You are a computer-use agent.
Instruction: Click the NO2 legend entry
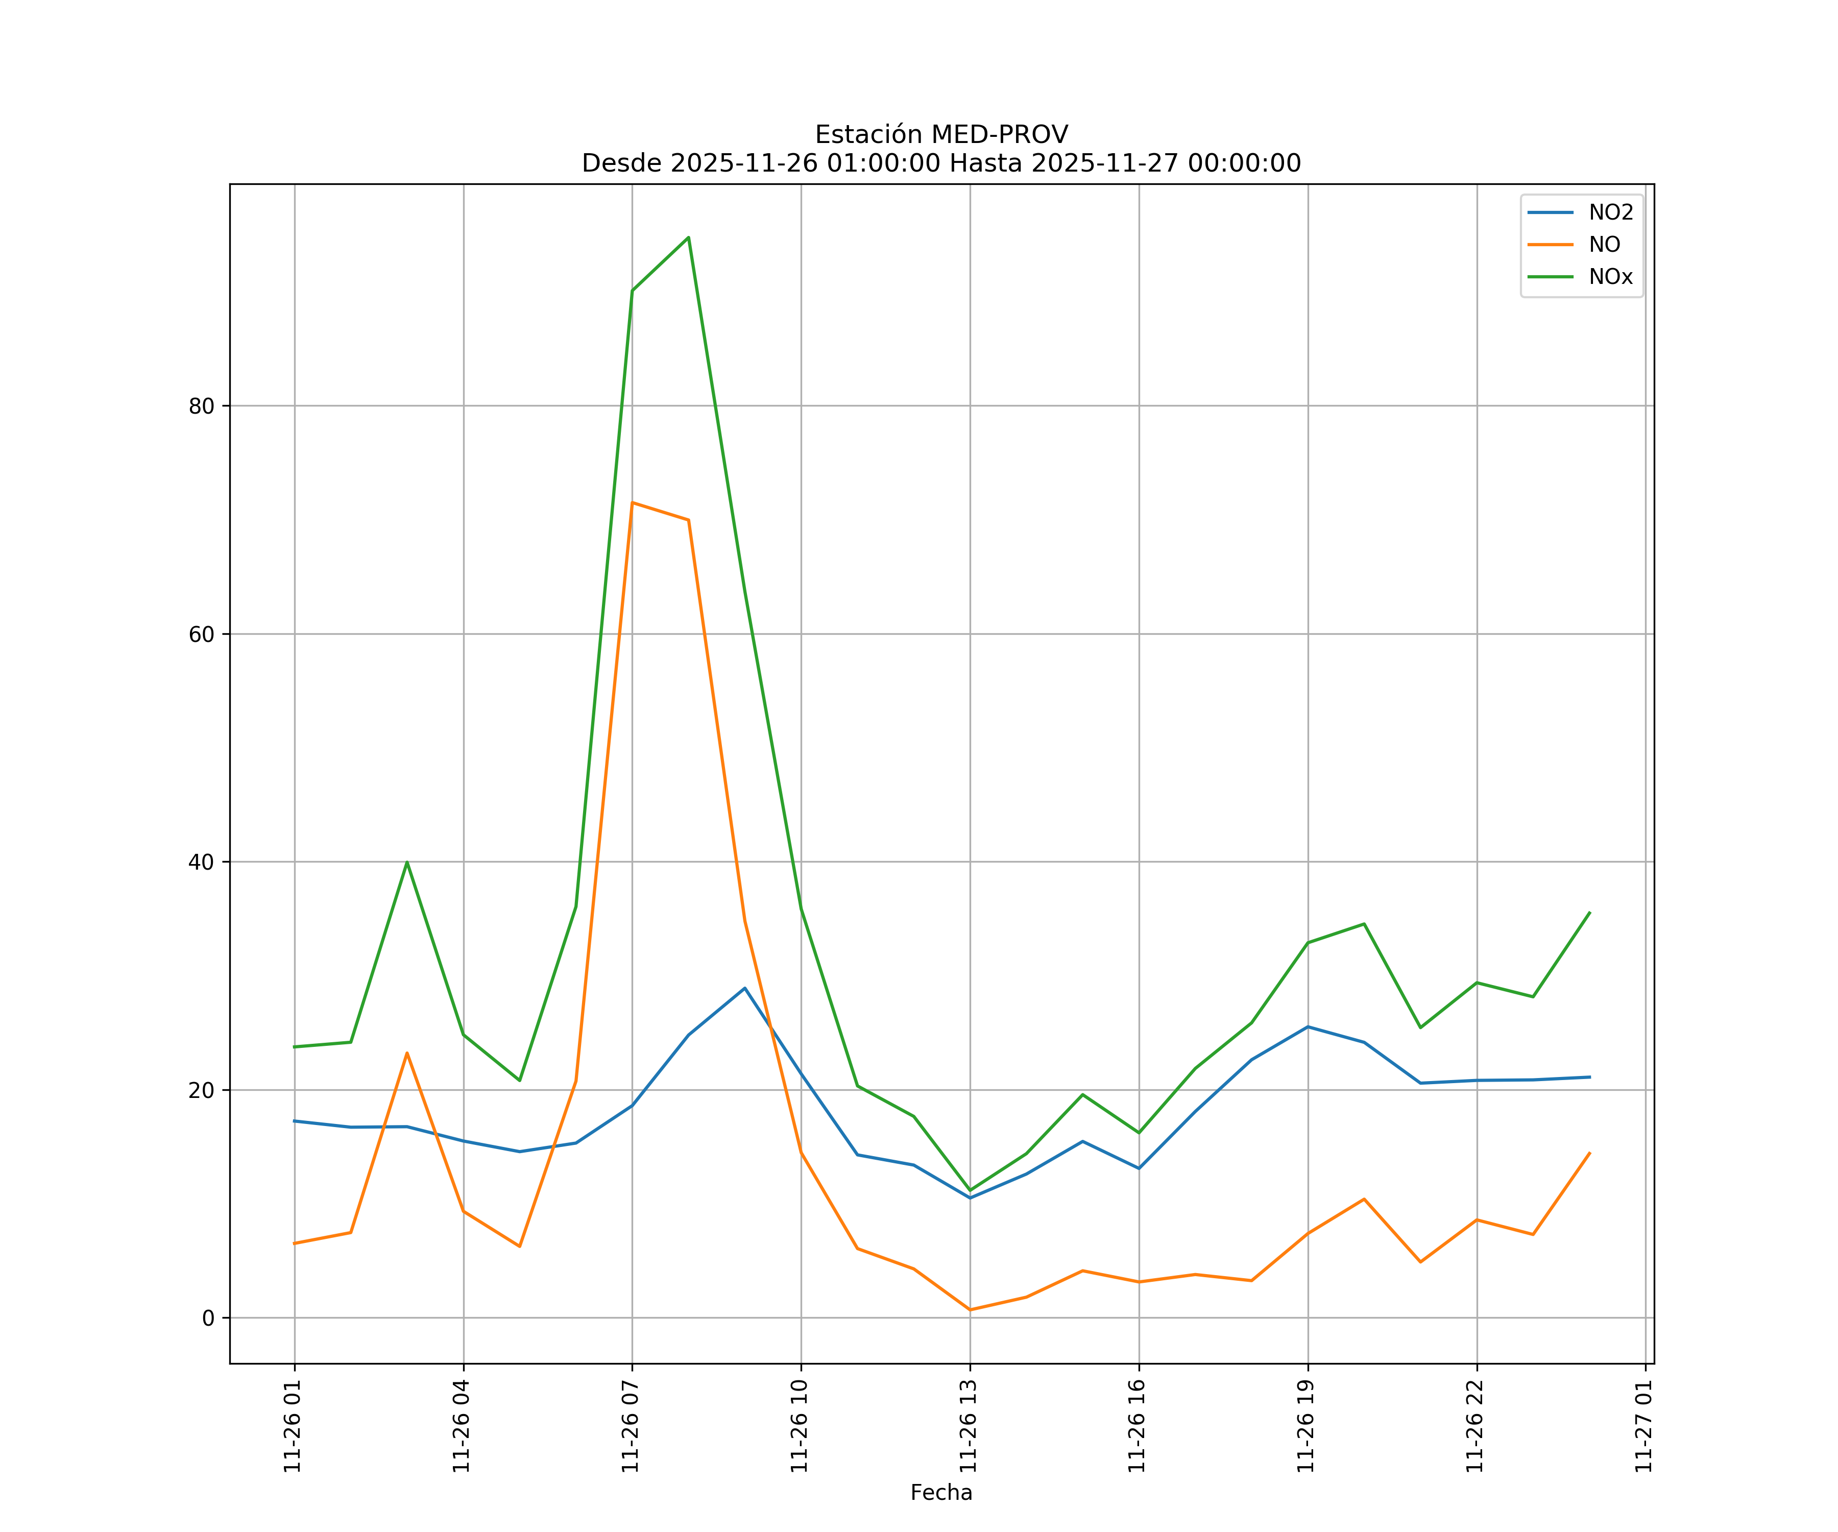pos(1610,213)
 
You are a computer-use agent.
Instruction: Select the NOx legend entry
pos(1610,277)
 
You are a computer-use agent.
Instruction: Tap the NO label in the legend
pos(1604,245)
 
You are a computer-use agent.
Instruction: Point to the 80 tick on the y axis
pos(201,406)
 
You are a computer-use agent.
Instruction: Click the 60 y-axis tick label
pos(201,635)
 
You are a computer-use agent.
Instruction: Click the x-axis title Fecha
pos(941,1493)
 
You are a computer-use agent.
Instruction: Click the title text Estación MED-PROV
pos(941,135)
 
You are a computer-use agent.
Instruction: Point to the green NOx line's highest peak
pos(689,237)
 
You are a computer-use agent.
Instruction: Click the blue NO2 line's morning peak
pos(745,988)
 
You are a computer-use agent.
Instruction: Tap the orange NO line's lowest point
pos(970,1310)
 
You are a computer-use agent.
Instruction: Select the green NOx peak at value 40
pos(407,863)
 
